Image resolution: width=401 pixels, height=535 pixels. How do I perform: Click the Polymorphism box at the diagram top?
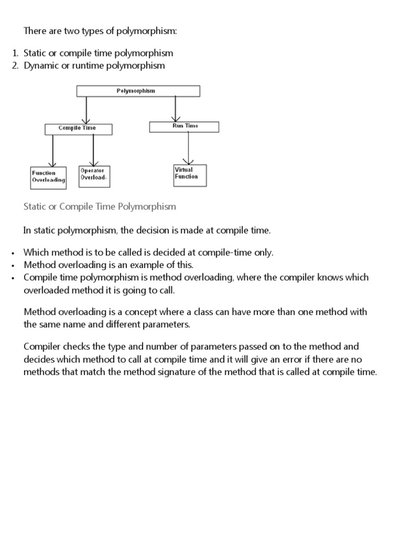pos(138,91)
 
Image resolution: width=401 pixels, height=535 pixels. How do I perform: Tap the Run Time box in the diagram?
pos(184,126)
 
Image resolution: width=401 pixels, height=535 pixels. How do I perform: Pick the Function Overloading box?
pos(49,177)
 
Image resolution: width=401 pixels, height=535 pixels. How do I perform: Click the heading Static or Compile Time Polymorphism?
pos(100,206)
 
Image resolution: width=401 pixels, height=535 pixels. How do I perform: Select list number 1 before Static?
pos(15,53)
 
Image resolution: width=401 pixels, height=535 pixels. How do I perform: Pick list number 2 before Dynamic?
pos(15,66)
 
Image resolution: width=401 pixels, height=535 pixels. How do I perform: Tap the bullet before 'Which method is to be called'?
pos(11,253)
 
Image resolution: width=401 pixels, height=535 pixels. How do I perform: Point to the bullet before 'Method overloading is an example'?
pos(11,265)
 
